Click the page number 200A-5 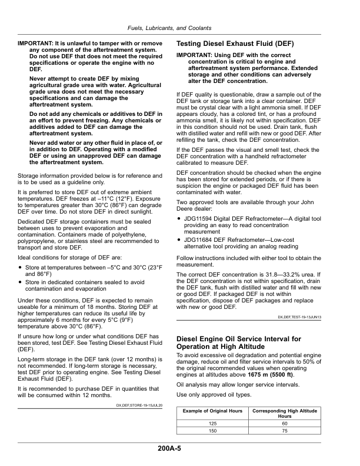point(169,448)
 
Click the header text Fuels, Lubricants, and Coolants point(169,28)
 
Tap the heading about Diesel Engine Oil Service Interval point(238,343)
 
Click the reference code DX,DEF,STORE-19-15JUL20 point(140,405)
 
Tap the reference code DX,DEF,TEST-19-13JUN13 point(299,317)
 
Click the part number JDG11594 point(199,219)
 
